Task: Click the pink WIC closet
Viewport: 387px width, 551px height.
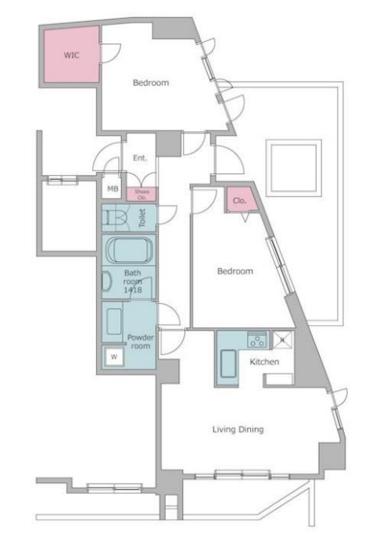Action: [70, 55]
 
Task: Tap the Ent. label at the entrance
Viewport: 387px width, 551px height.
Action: [139, 158]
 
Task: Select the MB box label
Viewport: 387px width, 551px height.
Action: [111, 188]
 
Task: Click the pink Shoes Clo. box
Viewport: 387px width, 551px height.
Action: [142, 194]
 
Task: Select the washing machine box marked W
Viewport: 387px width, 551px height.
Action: [114, 357]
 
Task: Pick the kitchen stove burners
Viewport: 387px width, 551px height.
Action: [256, 340]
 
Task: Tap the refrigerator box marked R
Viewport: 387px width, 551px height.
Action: [281, 341]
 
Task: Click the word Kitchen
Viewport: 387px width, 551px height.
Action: [264, 362]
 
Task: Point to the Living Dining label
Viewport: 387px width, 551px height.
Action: [238, 429]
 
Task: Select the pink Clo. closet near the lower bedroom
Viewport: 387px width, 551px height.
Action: [239, 200]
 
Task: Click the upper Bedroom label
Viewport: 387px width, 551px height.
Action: [150, 82]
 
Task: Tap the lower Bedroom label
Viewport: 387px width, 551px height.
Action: [235, 271]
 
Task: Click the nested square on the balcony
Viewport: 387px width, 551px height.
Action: [293, 168]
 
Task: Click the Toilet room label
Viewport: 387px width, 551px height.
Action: [142, 218]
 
